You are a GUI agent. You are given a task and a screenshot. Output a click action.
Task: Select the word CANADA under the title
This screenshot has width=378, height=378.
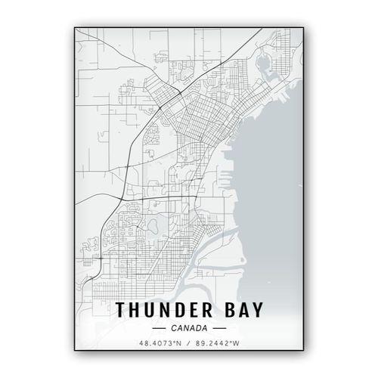(189, 329)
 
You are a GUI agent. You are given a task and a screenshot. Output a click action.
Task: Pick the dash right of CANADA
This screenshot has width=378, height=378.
(219, 329)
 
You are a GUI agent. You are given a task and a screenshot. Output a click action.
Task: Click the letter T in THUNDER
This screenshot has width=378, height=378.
(122, 310)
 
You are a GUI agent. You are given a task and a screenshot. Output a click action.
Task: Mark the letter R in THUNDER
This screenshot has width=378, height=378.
(210, 310)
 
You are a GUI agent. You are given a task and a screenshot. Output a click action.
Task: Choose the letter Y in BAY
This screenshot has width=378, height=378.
(256, 310)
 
